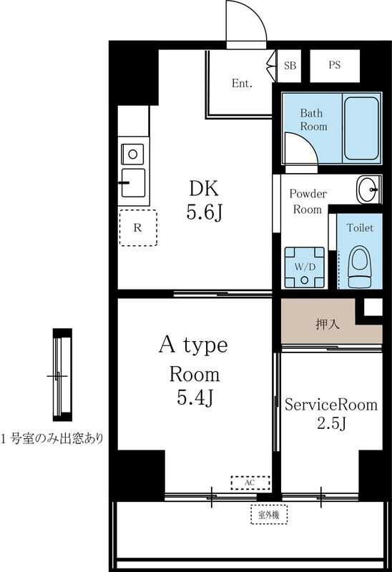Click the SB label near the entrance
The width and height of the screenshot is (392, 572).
[290, 65]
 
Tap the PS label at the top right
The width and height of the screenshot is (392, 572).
[334, 65]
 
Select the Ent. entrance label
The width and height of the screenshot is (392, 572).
[242, 84]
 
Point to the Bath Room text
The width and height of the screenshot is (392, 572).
[313, 119]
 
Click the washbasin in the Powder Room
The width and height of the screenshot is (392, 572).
[369, 189]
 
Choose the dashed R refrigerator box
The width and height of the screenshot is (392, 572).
[137, 228]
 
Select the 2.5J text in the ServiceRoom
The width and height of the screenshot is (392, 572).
[330, 424]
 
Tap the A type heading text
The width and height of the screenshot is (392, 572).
[192, 345]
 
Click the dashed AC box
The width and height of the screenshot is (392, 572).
[250, 483]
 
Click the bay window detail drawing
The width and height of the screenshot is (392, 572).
[62, 375]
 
